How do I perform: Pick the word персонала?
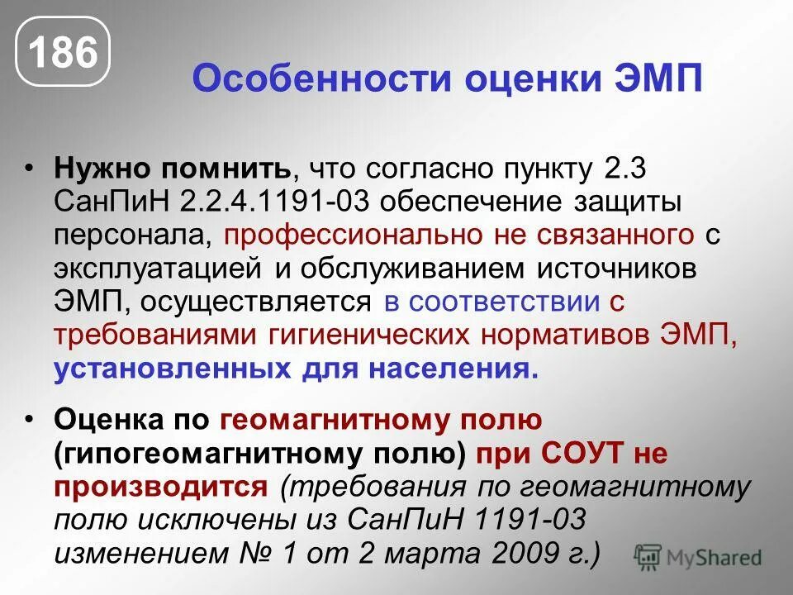coord(131,236)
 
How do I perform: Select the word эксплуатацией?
coord(153,269)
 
